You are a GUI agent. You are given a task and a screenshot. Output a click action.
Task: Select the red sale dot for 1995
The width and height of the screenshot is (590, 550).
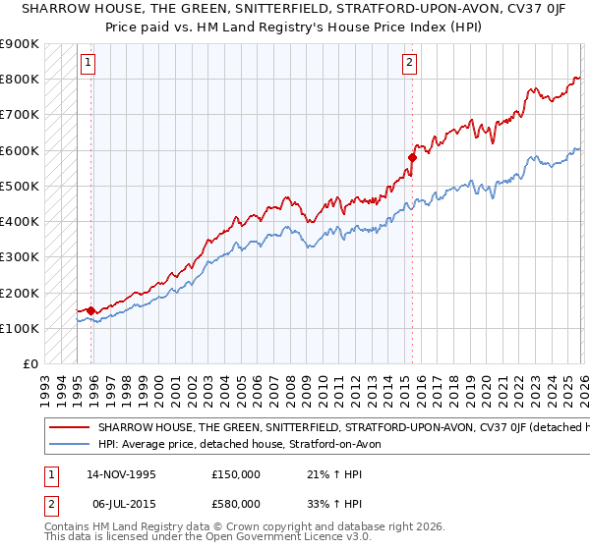pos(90,310)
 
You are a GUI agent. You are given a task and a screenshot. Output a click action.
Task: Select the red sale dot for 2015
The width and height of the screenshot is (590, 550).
pos(412,157)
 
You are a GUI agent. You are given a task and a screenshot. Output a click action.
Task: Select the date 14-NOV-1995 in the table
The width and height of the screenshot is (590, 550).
pos(121,474)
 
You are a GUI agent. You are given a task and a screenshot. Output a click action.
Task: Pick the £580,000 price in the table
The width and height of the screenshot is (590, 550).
pos(236,504)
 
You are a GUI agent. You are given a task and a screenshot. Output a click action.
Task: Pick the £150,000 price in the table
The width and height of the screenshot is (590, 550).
pos(236,474)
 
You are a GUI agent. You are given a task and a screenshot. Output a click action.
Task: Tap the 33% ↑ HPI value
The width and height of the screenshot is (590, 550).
pos(335,504)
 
